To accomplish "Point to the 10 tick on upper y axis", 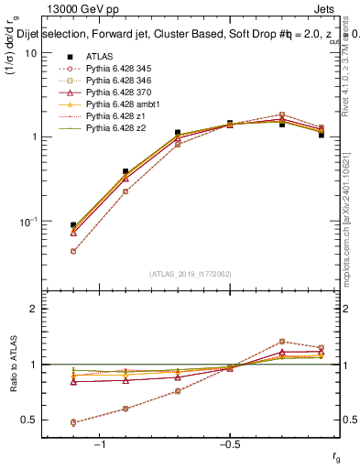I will [31, 53].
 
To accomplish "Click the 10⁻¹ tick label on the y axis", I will [27, 222].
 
